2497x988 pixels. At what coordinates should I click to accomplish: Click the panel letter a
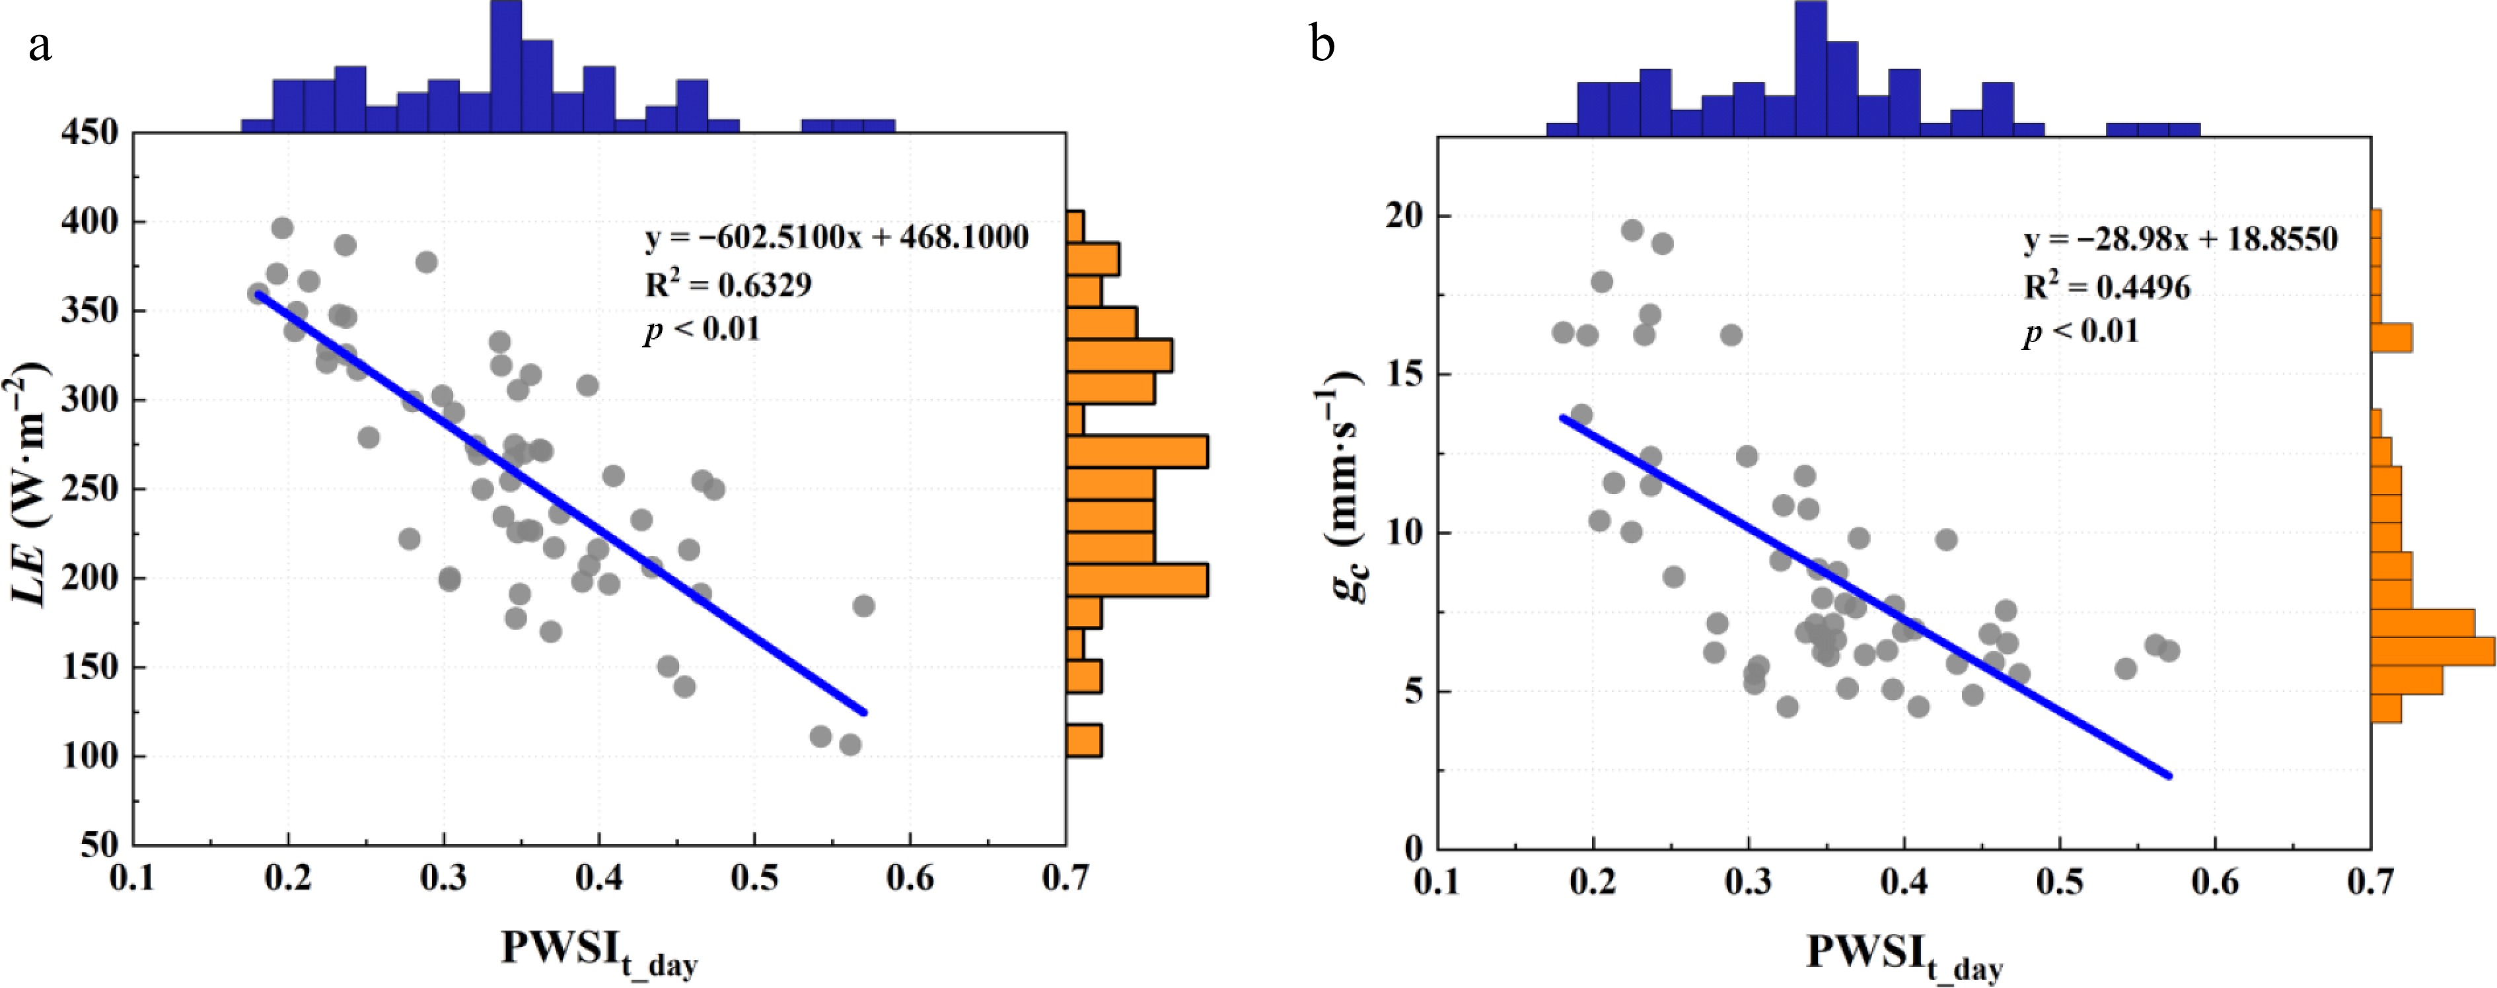point(40,46)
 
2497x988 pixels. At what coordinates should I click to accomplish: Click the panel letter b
point(1322,45)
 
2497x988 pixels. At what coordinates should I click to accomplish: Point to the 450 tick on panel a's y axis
point(89,133)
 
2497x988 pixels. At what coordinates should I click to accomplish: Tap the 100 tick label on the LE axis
point(89,756)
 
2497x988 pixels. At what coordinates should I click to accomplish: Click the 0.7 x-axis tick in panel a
point(1066,878)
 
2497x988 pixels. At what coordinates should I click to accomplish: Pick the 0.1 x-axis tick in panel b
point(1437,882)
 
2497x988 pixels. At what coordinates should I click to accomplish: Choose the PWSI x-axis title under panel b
point(1904,955)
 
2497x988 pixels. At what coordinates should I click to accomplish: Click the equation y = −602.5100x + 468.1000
point(836,238)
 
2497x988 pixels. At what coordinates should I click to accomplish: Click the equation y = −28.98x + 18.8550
point(2180,240)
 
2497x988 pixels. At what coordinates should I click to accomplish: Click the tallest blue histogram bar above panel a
point(506,66)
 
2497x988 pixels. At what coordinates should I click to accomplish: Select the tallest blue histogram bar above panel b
point(1811,68)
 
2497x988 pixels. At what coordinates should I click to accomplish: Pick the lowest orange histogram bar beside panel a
point(1084,740)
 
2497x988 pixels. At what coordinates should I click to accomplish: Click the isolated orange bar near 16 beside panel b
point(2391,337)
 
